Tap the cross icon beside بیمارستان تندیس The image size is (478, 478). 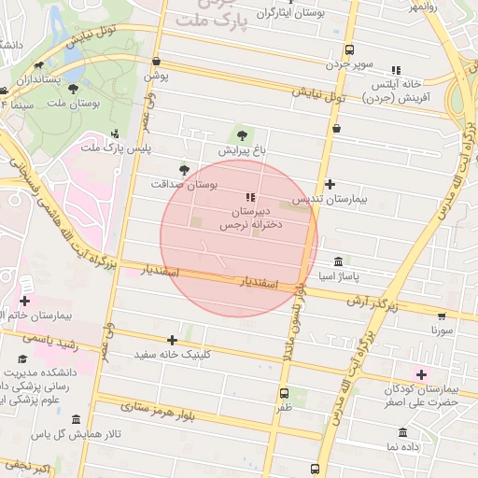tap(330, 185)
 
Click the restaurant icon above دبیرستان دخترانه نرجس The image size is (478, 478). tap(249, 197)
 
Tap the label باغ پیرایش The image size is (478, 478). tap(243, 150)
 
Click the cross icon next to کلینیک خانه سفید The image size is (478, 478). tap(172, 341)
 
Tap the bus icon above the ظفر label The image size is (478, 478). tap(284, 393)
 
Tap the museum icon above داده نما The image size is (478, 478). tap(402, 433)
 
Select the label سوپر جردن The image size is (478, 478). tap(349, 65)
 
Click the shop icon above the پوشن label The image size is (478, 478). tap(155, 63)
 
